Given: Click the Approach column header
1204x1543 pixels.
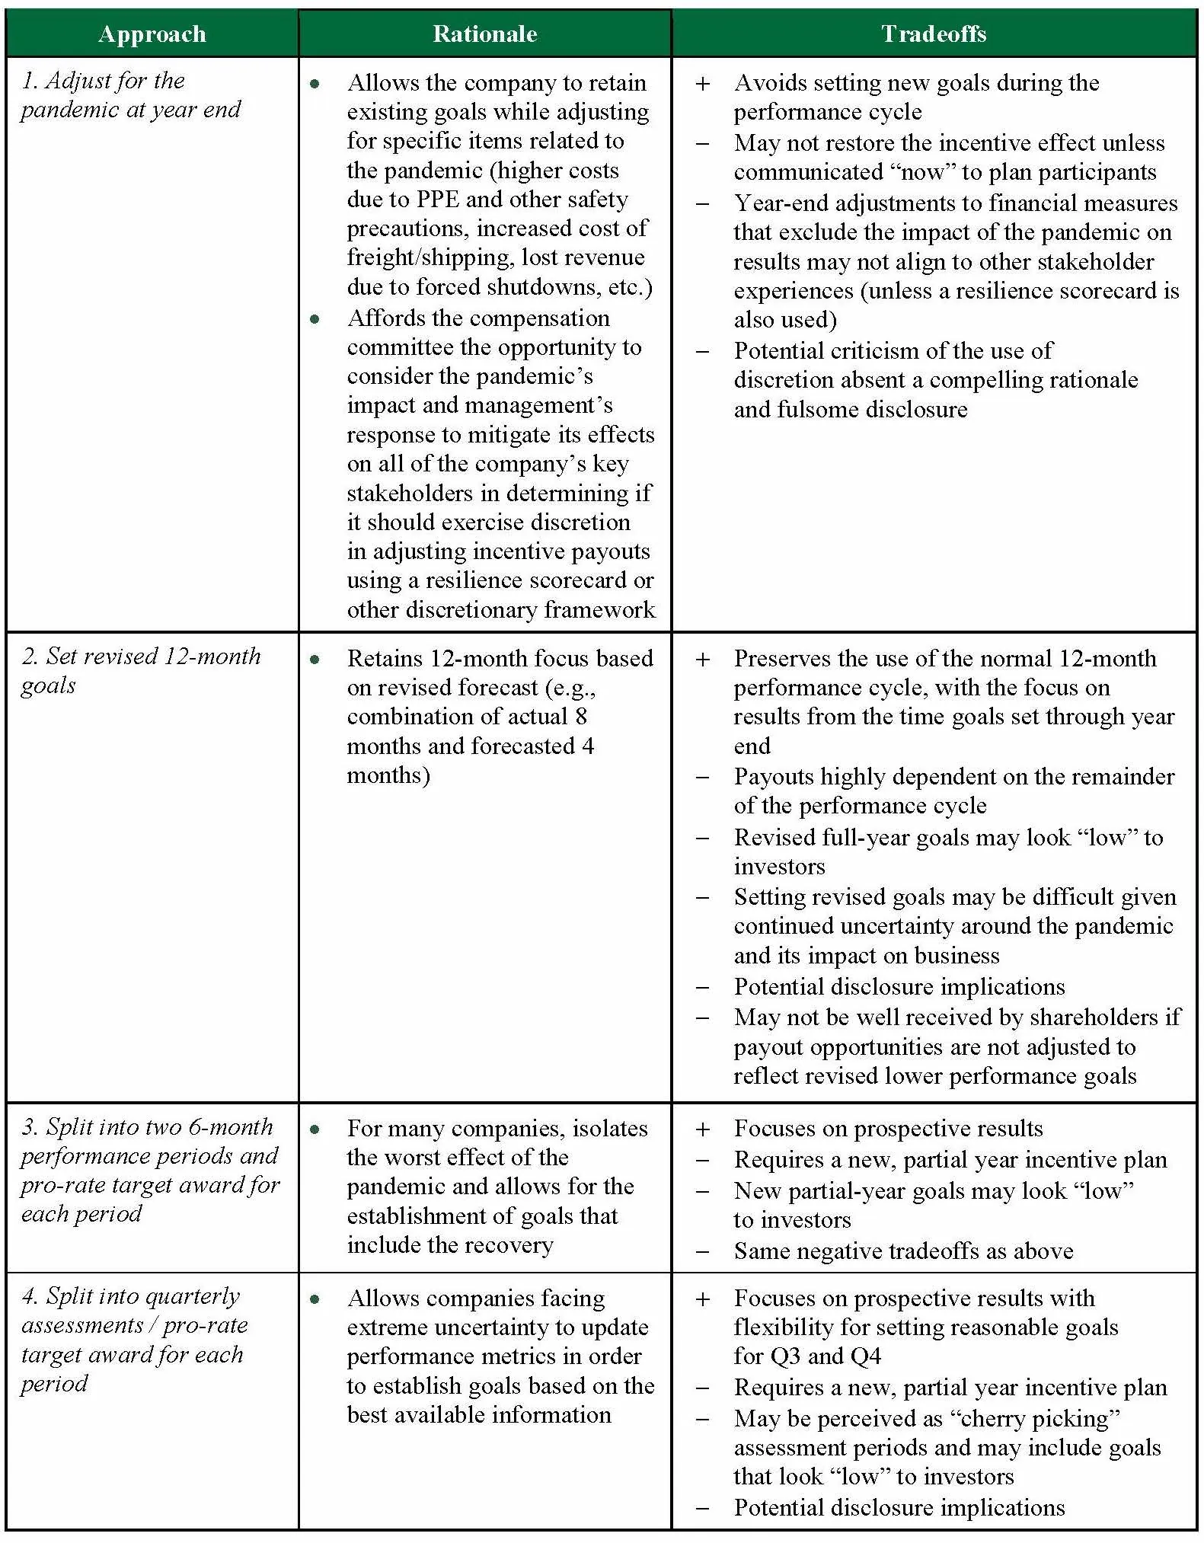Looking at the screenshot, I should (152, 34).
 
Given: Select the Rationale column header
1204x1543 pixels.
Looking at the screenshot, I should (484, 34).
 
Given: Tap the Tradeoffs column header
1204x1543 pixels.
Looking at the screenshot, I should (934, 34).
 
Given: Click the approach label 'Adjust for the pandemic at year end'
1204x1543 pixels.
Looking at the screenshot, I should (129, 95).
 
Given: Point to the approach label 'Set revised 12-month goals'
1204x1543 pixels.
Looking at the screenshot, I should (141, 670).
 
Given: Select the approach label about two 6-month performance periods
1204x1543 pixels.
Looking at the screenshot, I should (149, 1170).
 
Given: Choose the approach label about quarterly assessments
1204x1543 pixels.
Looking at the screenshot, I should (134, 1340).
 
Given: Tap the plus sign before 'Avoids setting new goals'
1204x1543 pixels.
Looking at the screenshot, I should (703, 84).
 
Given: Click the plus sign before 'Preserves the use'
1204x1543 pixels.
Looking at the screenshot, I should (703, 660).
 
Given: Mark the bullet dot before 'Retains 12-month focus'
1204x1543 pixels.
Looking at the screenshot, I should (315, 660).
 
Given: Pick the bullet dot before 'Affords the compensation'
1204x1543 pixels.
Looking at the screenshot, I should (315, 319).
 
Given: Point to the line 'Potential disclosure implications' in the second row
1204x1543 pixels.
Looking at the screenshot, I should (899, 987).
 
